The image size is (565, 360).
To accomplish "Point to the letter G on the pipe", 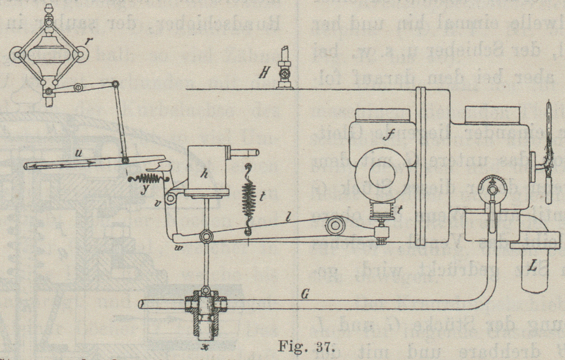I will [x=304, y=296].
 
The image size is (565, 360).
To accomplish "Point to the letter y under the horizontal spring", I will [x=144, y=190].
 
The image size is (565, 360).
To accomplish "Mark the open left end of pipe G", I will [x=141, y=304].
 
